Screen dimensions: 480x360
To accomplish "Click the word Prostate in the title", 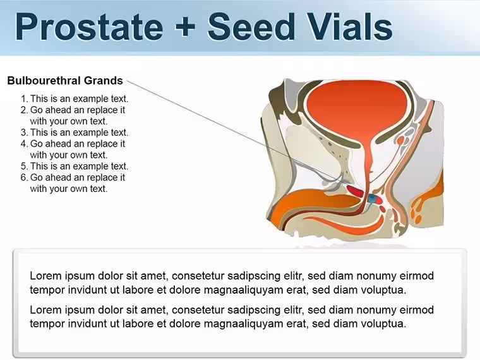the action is [x=89, y=27].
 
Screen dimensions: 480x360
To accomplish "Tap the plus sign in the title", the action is [x=185, y=27].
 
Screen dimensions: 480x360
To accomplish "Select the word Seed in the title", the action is [x=251, y=27].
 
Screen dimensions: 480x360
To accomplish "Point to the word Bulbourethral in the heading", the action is [x=44, y=80].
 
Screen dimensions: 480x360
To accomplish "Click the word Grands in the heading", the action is [x=104, y=80].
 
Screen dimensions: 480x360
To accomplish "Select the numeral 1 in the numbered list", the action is [x=23, y=99].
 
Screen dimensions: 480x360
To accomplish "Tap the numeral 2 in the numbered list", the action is [x=23, y=110].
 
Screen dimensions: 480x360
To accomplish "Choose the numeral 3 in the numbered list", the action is [x=23, y=133].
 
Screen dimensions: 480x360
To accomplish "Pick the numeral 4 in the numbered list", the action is [x=23, y=144].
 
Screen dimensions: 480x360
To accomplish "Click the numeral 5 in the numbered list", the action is [x=23, y=166].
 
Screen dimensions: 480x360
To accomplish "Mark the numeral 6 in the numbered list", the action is [x=23, y=177].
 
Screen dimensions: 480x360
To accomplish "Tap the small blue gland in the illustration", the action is [x=372, y=199].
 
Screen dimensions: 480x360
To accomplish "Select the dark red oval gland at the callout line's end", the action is [x=356, y=191].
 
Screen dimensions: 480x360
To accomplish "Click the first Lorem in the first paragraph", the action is [x=47, y=276].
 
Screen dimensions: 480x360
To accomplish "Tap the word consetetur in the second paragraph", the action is [x=198, y=310].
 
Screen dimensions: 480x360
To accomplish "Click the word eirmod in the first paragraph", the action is [x=417, y=276].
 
